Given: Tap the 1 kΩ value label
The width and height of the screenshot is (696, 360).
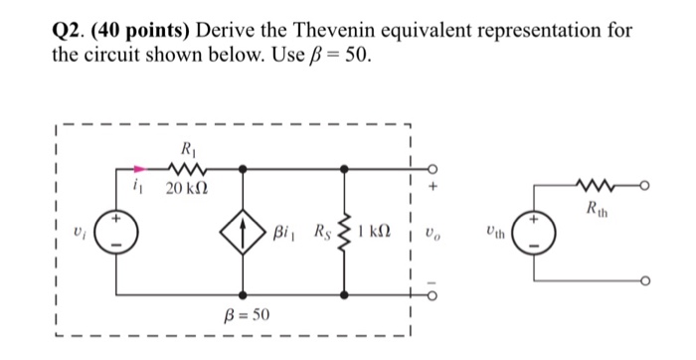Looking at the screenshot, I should tap(379, 234).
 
